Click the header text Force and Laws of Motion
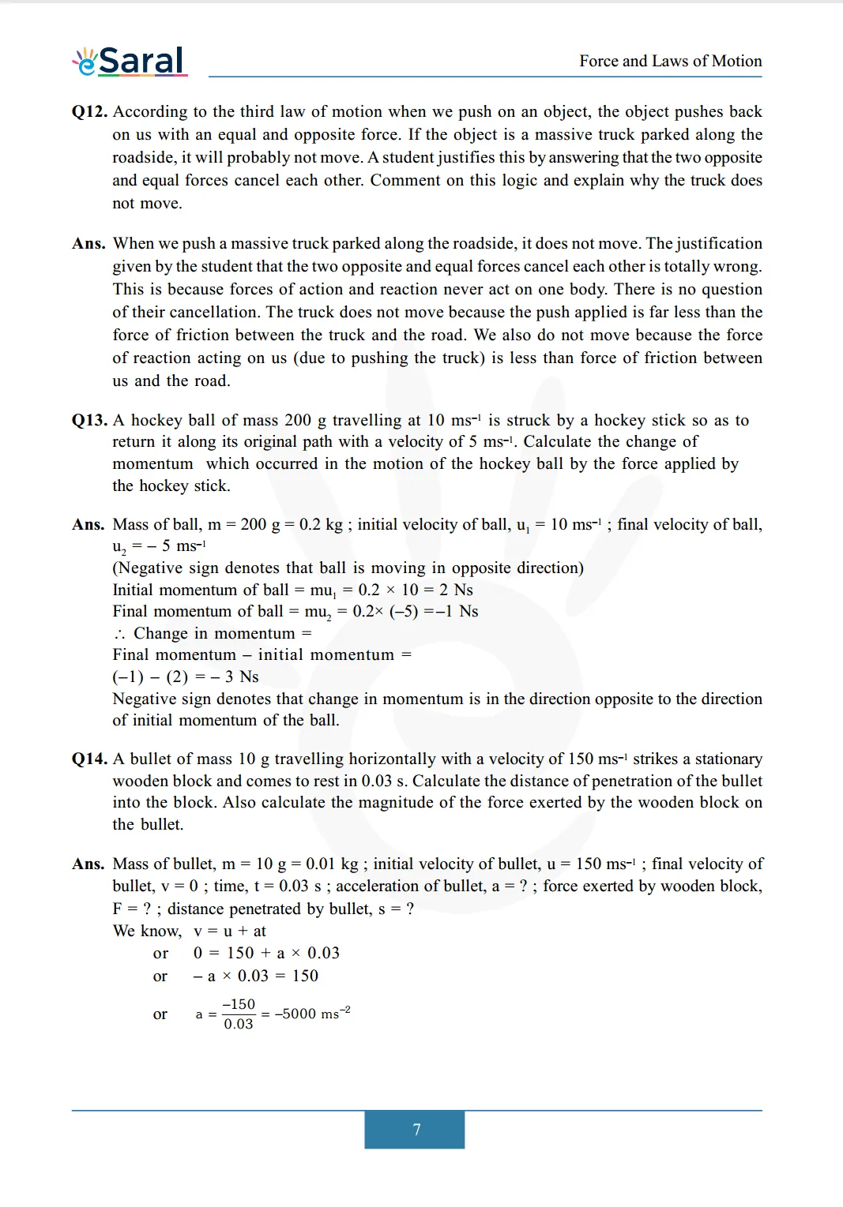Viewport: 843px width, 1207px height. coord(670,61)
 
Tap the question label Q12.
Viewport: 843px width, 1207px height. coord(89,111)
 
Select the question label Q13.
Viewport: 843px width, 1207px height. coord(89,420)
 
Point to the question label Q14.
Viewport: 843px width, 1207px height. coord(89,759)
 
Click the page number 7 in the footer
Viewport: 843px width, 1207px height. coord(416,1130)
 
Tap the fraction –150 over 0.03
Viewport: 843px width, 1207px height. coord(239,1014)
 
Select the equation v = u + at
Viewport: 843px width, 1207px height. coord(230,931)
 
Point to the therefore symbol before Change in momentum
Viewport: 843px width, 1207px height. coord(119,634)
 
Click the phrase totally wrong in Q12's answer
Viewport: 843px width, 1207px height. coord(715,266)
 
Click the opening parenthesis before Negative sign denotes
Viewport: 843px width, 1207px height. coord(115,568)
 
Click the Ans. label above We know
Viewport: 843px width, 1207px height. coord(88,864)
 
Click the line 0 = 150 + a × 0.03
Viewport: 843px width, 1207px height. coord(266,953)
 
